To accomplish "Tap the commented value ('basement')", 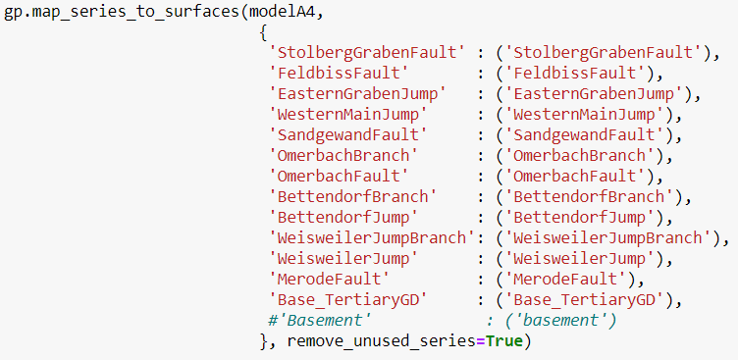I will (558, 321).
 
